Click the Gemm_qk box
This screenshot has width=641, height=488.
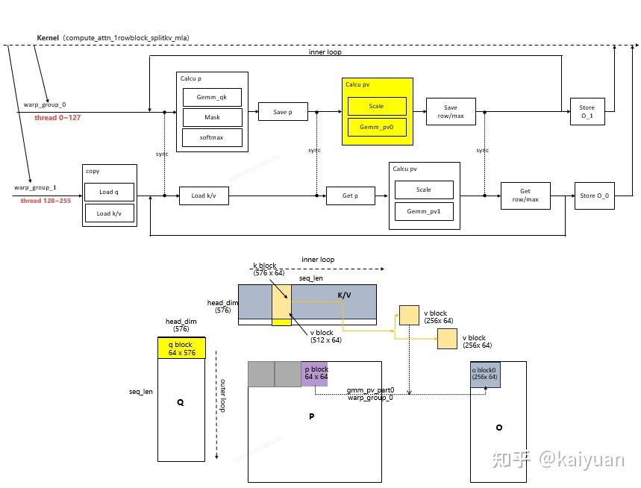213,96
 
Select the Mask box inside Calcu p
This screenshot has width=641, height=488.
213,117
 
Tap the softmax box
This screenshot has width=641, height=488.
213,138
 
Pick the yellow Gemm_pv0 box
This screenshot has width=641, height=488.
377,128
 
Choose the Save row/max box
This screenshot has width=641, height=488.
450,111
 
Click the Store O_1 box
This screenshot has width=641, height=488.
587,112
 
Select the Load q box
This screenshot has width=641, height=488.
110,193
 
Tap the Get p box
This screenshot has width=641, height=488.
350,195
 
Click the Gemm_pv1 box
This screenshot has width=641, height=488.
424,211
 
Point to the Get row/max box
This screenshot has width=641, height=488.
525,195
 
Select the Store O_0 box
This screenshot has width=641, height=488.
594,195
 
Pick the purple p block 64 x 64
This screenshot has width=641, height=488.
314,373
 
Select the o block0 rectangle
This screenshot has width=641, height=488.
485,374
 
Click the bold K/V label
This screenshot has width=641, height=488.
344,295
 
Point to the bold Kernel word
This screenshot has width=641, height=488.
49,37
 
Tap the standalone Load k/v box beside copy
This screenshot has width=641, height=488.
203,196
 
